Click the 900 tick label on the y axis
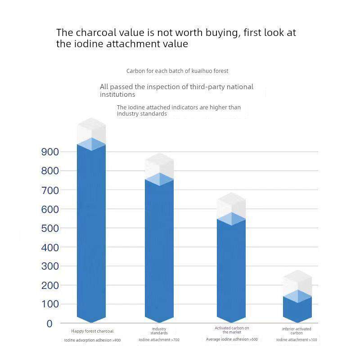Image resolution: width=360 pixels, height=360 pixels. tap(50, 152)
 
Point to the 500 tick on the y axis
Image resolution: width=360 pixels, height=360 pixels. tap(50, 228)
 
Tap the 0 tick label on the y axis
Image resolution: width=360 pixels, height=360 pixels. tap(50, 324)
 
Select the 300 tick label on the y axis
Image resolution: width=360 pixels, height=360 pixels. tap(50, 266)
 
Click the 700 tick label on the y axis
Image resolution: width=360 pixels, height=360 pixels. tap(50, 190)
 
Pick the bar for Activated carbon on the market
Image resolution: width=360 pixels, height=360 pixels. tap(231, 270)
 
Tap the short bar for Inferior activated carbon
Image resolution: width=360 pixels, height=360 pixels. tap(297, 306)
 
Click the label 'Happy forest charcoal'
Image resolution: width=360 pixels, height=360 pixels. tap(92, 331)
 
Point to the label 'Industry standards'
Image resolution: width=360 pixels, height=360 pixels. tap(159, 331)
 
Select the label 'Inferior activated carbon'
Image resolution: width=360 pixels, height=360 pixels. tap(297, 331)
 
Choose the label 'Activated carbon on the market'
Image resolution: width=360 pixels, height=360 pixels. tap(232, 330)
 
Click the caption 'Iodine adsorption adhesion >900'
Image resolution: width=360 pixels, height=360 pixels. tap(92, 340)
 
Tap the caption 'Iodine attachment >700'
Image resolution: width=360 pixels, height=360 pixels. tap(159, 340)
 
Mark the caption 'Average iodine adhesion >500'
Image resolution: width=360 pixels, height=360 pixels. tap(232, 339)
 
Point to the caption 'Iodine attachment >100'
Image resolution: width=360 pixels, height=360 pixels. tap(297, 340)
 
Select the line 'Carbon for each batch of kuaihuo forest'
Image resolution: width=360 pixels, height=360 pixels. tap(177, 71)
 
